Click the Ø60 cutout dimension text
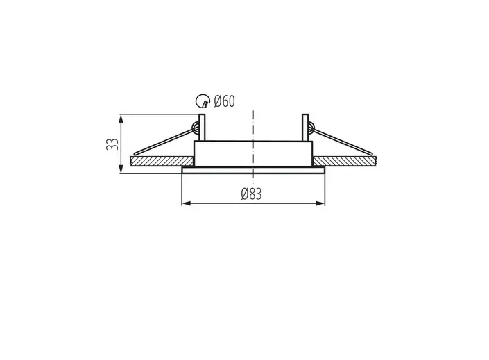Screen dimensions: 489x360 [x=225, y=101]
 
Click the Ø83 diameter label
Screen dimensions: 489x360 [x=252, y=194]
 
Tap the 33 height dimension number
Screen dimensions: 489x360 [x=112, y=144]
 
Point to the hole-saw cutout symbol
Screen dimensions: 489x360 [x=203, y=101]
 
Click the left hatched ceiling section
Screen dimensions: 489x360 [x=162, y=162]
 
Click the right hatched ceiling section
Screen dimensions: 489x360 [x=345, y=162]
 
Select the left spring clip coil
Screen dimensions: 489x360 [x=196, y=127]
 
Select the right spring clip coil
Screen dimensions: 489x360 [x=311, y=127]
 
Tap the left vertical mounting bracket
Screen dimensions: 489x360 [x=202, y=128]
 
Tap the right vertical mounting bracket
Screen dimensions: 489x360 [x=305, y=128]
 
